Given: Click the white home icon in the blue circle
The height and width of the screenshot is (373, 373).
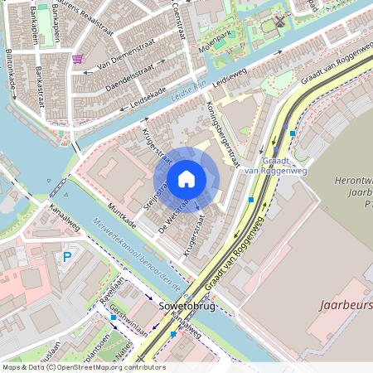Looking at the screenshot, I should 186,179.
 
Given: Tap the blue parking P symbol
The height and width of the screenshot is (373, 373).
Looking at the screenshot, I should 67,257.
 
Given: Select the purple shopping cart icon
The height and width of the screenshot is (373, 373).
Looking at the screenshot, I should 78,59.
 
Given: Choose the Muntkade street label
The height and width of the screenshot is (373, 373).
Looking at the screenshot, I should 124,217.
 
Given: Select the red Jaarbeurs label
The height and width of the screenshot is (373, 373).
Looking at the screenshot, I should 345,304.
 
